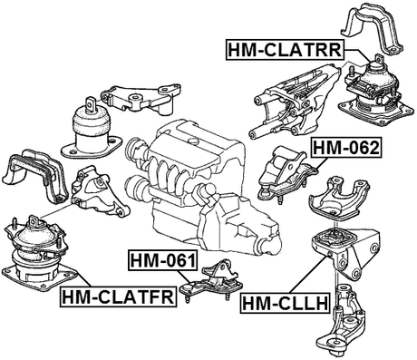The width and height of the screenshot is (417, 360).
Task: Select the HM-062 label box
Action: tap(344, 146)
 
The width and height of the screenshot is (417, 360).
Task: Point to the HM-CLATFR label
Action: tap(117, 296)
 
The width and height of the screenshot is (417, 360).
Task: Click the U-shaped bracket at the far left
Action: tap(34, 178)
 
